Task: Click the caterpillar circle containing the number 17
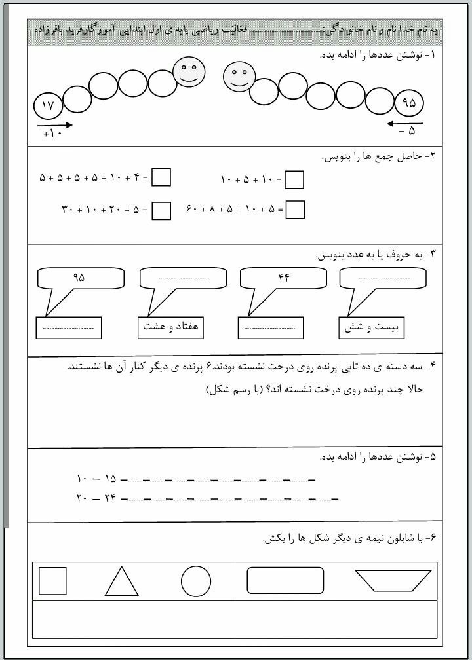pyautogui.click(x=49, y=105)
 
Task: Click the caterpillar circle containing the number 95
pyautogui.click(x=410, y=103)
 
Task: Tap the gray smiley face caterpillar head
pyautogui.click(x=239, y=77)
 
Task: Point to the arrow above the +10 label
pyautogui.click(x=54, y=124)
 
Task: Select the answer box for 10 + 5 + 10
pyautogui.click(x=295, y=179)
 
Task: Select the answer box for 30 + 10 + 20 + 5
pyautogui.click(x=161, y=210)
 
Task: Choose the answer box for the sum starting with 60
pyautogui.click(x=296, y=209)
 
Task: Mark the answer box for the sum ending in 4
pyautogui.click(x=161, y=177)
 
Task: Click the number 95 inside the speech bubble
pyautogui.click(x=79, y=277)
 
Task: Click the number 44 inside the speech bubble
pyautogui.click(x=283, y=277)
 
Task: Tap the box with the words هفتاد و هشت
pyautogui.click(x=170, y=327)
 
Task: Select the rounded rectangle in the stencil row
pyautogui.click(x=285, y=580)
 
